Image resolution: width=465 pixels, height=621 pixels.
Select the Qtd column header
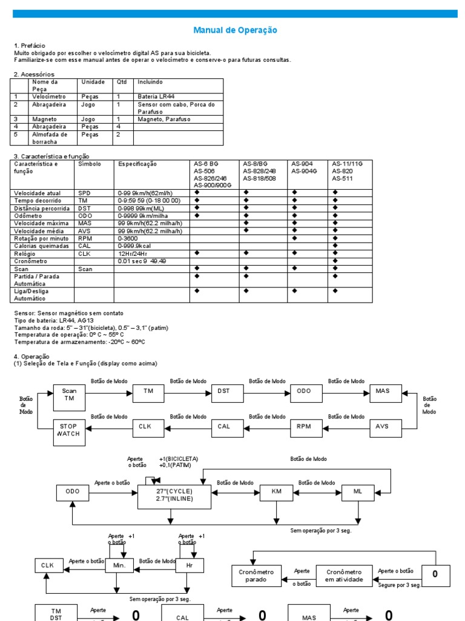point(122,82)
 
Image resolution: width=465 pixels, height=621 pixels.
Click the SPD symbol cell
point(84,192)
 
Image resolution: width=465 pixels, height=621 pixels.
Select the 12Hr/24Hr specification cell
point(132,253)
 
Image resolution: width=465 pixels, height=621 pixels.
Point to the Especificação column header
point(137,164)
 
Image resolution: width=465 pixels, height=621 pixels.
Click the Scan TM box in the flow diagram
point(69,395)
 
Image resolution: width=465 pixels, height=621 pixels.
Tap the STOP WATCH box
point(68,430)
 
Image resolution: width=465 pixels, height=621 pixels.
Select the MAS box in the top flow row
point(383,391)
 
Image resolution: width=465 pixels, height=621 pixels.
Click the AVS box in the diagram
point(383,426)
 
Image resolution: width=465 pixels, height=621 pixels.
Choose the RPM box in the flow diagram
point(303,426)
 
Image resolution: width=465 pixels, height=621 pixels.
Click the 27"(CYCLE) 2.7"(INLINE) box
point(174,496)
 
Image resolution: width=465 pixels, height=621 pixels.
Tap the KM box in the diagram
point(275,492)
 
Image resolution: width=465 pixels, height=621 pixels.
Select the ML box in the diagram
point(358,492)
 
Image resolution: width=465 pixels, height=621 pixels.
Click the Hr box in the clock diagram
point(190,566)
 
